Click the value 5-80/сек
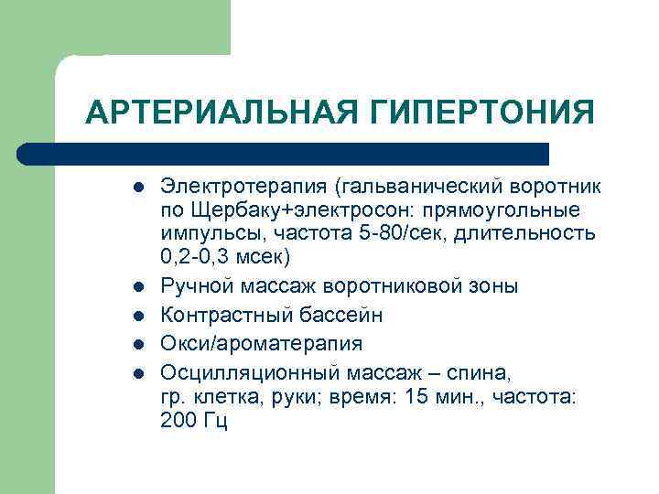tap(393, 232)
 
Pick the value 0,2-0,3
tap(198, 255)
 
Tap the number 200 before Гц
tap(178, 421)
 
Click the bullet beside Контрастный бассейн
tap(135, 316)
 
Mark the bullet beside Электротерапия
tap(135, 188)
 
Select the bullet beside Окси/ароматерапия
tap(135, 344)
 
